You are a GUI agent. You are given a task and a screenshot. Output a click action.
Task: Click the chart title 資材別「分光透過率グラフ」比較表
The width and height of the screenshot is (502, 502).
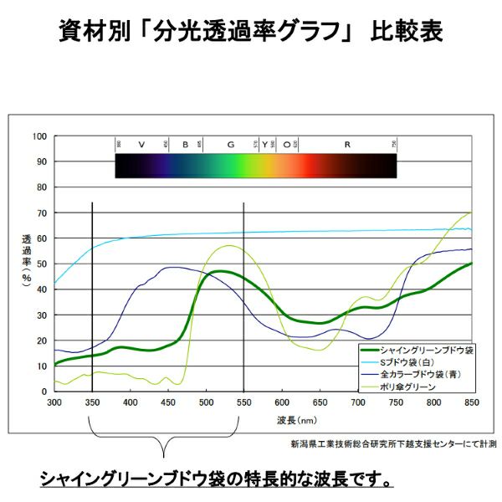251,33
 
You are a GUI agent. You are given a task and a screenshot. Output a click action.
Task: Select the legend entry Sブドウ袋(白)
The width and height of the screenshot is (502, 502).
413,361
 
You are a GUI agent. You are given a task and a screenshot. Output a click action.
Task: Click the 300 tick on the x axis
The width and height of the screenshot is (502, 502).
54,403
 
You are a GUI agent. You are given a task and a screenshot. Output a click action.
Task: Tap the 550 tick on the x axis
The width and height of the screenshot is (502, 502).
243,403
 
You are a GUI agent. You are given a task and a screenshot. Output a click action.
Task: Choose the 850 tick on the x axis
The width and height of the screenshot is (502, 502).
471,403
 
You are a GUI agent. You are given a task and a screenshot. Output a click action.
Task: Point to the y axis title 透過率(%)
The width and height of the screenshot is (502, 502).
26,255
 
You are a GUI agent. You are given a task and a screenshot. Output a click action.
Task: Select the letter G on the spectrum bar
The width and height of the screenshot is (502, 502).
231,145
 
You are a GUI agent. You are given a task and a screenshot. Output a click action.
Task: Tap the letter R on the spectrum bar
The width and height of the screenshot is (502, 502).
346,145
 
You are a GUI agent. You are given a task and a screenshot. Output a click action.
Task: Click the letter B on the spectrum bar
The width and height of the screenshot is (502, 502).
186,145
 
